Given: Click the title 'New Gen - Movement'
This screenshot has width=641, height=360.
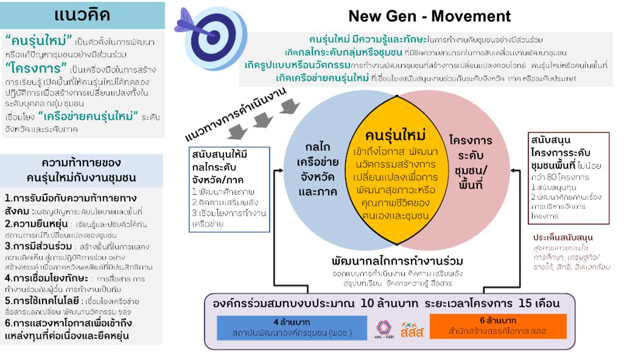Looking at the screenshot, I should (x=429, y=16).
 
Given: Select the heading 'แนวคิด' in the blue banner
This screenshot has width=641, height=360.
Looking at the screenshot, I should (x=82, y=15).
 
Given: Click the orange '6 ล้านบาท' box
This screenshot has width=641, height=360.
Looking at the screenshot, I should (x=498, y=326).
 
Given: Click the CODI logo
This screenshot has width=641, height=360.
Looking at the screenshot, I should (x=385, y=328).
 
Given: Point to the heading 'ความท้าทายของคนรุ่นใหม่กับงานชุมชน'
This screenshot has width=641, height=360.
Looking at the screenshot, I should (x=81, y=171).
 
